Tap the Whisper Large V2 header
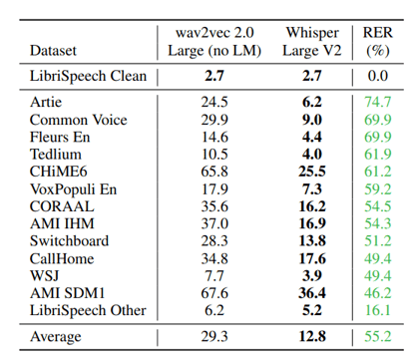[311, 38]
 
